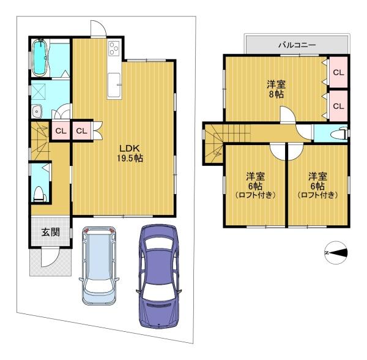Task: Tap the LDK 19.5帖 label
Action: click(x=130, y=154)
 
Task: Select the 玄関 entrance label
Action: click(x=51, y=232)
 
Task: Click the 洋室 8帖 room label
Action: click(x=276, y=89)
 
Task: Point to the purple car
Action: click(x=160, y=276)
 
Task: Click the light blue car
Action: click(x=99, y=265)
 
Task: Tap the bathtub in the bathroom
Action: click(x=40, y=58)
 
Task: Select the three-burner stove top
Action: click(x=114, y=48)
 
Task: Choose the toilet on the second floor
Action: click(x=339, y=134)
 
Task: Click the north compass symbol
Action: click(x=336, y=253)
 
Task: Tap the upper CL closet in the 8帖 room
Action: click(x=338, y=73)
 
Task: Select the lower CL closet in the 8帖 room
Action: click(x=338, y=106)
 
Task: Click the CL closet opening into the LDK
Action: click(x=81, y=130)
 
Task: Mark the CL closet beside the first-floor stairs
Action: click(x=61, y=130)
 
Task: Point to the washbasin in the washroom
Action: click(x=37, y=111)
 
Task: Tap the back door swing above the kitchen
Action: click(x=98, y=28)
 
